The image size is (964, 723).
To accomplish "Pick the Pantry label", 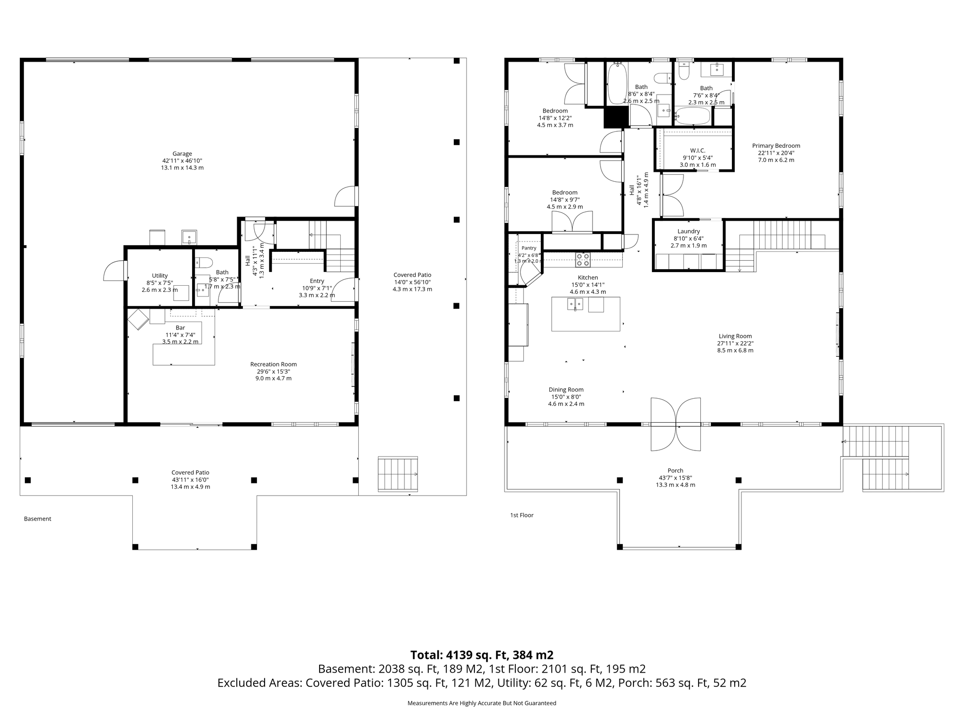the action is pyautogui.click(x=529, y=248).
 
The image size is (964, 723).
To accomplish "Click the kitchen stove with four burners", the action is pyautogui.click(x=583, y=260).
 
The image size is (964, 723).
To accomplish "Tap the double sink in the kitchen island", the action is pyautogui.click(x=575, y=305).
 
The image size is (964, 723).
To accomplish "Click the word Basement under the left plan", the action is pyautogui.click(x=38, y=519).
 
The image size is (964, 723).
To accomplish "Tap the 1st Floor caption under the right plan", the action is pyautogui.click(x=522, y=515).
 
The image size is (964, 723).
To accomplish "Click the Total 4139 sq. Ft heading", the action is pyautogui.click(x=482, y=655).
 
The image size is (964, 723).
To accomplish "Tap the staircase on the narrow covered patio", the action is pyautogui.click(x=398, y=474).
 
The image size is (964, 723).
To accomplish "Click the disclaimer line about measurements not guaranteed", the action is pyautogui.click(x=482, y=703).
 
